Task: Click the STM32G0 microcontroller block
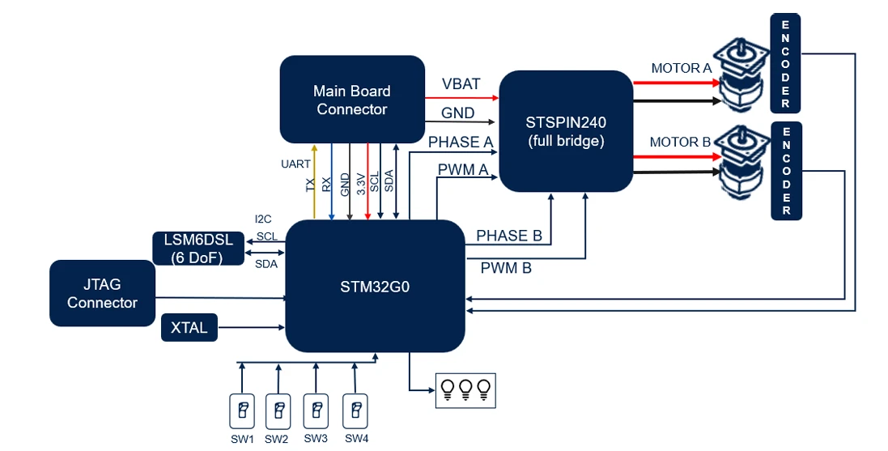tap(375, 286)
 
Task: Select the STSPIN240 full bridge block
tap(565, 130)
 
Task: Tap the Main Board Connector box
tap(352, 100)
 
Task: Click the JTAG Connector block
tap(102, 293)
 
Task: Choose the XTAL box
tap(189, 328)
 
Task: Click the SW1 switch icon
tap(241, 411)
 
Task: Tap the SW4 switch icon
tap(355, 411)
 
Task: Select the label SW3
tap(316, 439)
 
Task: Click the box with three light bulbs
tap(465, 390)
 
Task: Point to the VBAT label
tap(461, 84)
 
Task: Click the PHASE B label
tap(508, 236)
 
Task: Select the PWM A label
tap(462, 170)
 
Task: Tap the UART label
tap(295, 164)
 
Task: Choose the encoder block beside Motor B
tap(785, 171)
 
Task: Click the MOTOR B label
tap(680, 143)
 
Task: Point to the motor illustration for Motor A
tap(741, 75)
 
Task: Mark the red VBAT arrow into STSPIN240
tap(461, 96)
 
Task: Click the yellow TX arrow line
tap(314, 182)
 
